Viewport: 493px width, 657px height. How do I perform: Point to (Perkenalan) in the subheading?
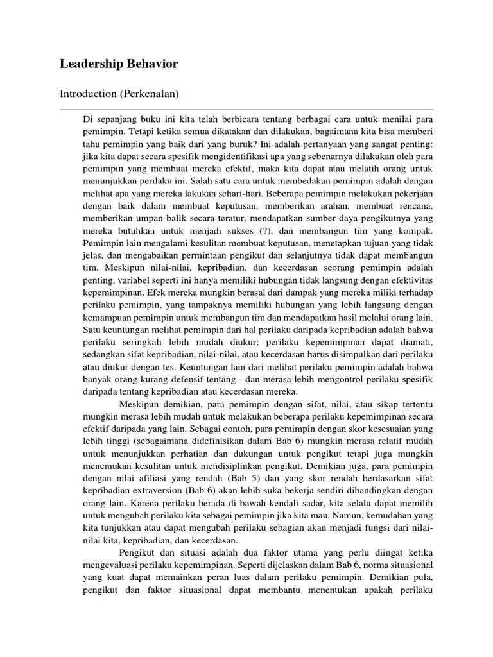pos(153,94)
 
